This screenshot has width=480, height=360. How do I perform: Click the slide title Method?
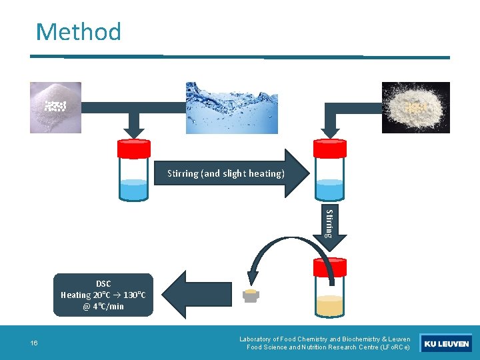point(79,31)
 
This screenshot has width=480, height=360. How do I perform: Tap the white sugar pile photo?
point(55,107)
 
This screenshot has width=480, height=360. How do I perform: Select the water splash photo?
point(231,107)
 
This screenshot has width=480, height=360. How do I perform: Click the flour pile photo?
point(415,107)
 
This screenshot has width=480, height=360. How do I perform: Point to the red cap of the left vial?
point(134,148)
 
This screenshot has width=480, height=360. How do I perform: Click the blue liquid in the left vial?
point(134,189)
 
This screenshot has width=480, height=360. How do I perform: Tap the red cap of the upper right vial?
point(330,148)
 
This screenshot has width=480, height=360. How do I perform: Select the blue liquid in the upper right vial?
point(330,189)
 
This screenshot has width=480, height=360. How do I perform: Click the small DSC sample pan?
point(251,295)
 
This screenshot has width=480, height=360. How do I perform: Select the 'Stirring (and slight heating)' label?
point(225,173)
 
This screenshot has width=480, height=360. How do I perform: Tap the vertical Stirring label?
point(329,223)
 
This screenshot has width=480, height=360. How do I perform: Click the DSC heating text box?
point(103,295)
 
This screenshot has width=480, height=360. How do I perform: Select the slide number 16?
point(34,343)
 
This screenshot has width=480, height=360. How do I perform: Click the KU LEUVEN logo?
point(447,344)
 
